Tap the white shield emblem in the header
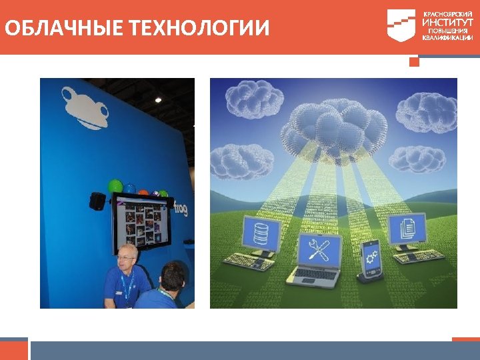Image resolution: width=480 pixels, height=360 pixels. (x=401, y=25)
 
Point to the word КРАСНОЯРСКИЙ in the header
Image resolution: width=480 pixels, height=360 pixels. (x=447, y=13)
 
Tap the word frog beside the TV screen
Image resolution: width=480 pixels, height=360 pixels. (x=179, y=208)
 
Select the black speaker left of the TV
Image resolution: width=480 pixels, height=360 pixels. (x=98, y=201)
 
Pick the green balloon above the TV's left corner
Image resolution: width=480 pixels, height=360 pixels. (x=116, y=185)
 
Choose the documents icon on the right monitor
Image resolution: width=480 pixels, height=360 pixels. (x=406, y=229)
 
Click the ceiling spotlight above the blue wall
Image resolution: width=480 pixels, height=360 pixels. (x=158, y=100)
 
